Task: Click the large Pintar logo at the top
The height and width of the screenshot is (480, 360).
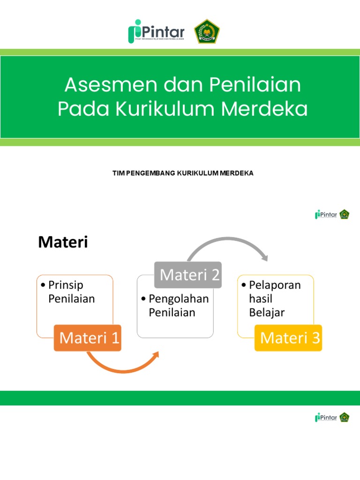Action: (x=157, y=32)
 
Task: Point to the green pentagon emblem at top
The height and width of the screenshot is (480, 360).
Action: (x=207, y=32)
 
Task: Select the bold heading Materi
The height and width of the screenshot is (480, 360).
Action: (x=63, y=242)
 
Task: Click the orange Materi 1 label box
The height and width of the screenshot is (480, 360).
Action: (x=88, y=337)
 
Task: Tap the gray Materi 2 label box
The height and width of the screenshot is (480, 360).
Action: (x=188, y=275)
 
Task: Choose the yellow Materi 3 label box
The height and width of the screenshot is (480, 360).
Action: (x=288, y=337)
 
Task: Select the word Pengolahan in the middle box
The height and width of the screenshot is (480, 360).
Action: (x=179, y=299)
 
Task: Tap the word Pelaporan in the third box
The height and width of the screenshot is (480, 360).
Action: (x=275, y=285)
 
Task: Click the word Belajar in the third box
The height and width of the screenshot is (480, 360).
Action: (x=267, y=313)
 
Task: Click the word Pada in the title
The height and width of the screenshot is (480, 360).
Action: (x=84, y=109)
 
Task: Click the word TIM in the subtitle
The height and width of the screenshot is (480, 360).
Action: (x=117, y=173)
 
